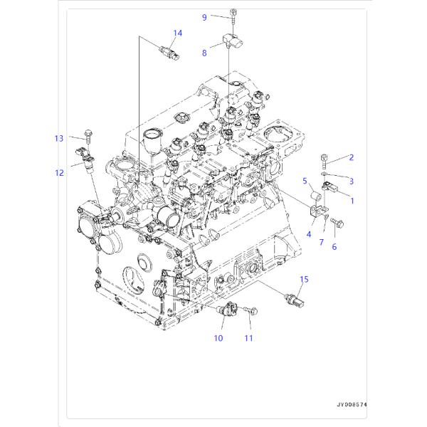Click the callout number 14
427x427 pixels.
pos(177,33)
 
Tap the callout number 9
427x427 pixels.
pos(204,17)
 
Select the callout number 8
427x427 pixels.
pos(204,53)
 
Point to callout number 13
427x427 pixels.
pos(59,139)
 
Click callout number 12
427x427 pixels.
pos(59,173)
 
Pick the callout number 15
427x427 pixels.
pos(304,280)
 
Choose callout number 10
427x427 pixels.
pos(218,338)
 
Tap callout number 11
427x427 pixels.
pos(248,338)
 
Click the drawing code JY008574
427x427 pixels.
pos(352,405)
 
